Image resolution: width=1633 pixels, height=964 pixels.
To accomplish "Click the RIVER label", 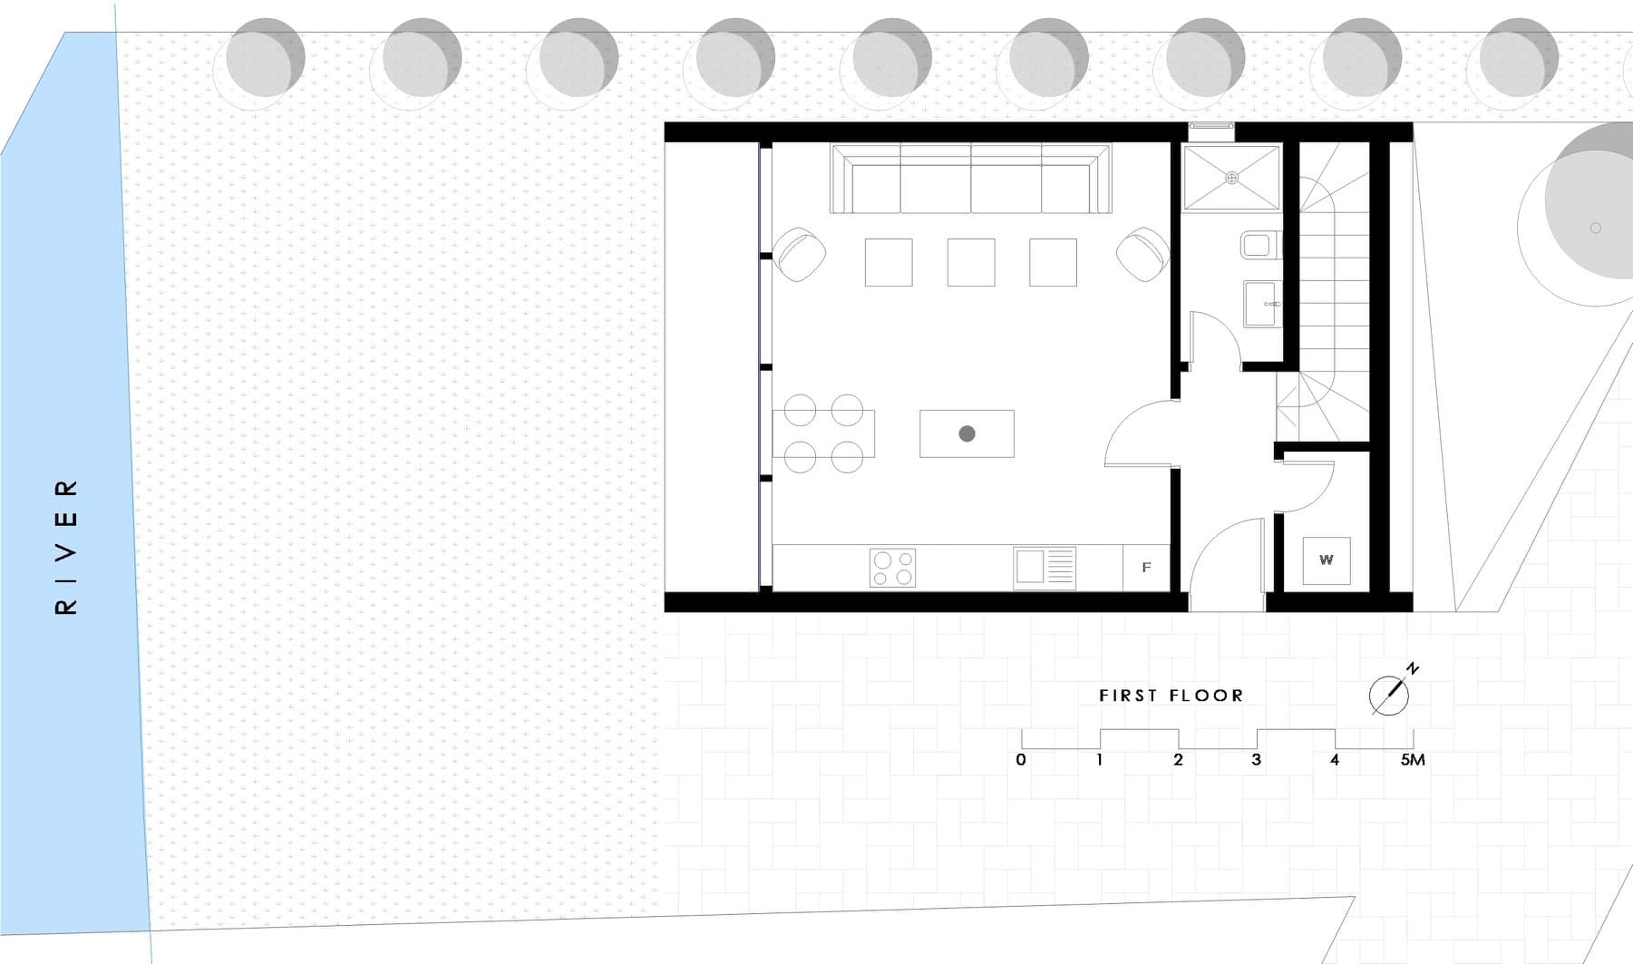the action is (67, 547).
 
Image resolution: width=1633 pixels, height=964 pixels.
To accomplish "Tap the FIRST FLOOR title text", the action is (1171, 696).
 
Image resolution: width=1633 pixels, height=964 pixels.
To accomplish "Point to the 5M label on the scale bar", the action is (1413, 760).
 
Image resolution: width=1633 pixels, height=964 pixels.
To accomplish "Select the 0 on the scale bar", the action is (1021, 760).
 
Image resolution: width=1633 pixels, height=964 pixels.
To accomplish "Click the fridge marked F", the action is (1146, 568).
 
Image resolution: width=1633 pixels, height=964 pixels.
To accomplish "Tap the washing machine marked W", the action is (1326, 560).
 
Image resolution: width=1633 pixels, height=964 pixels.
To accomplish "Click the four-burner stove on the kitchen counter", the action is (892, 568).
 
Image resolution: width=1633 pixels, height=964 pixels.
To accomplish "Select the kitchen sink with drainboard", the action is (1045, 568).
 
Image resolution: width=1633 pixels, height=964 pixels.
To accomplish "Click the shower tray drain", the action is (1231, 178).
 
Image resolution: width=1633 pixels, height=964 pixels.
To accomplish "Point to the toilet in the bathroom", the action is (1259, 245).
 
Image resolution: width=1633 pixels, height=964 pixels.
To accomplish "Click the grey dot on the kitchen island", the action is (967, 433).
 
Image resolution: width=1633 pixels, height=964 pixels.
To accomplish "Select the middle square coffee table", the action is (970, 262).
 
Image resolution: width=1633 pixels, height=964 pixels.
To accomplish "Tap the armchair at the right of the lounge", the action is (1142, 254).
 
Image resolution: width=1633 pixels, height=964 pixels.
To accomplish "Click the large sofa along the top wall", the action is (970, 178).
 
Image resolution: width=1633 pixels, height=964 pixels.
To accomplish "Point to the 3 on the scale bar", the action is (1256, 760).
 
